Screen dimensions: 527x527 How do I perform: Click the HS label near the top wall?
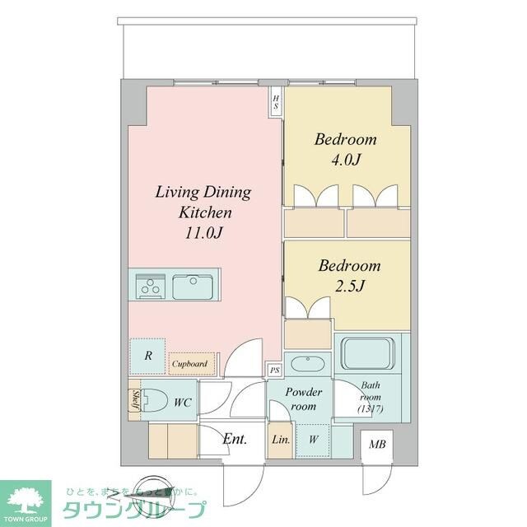[x=277, y=103]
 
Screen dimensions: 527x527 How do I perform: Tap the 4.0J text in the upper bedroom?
[x=345, y=160]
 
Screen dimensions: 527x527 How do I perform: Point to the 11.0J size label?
[x=203, y=232]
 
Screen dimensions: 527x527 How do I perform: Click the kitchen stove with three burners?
[x=151, y=287]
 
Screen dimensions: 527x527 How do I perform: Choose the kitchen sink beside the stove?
[x=195, y=287]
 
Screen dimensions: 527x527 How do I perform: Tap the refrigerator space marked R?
[x=147, y=356]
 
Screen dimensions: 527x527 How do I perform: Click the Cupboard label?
[x=189, y=362]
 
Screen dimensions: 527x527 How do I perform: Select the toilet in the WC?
[x=155, y=401]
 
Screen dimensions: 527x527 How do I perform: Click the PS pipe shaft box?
[x=274, y=371]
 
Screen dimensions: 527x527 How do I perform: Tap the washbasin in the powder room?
[x=307, y=363]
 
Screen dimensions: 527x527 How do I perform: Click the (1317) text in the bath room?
[x=371, y=409]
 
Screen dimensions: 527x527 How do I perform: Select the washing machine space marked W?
[x=315, y=440]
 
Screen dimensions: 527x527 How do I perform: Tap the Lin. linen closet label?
[x=280, y=440]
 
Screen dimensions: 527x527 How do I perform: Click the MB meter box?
[x=377, y=445]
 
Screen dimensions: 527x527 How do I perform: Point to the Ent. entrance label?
[x=235, y=439]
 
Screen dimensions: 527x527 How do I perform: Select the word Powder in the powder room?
[x=304, y=393]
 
